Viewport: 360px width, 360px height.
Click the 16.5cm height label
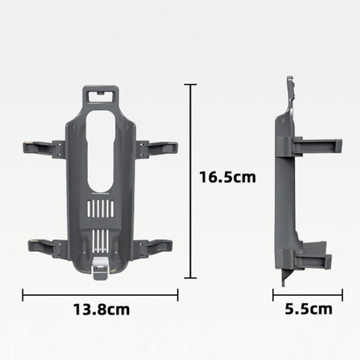[227, 178]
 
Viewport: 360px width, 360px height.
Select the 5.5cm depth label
[308, 310]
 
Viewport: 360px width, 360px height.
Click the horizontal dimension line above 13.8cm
[101, 294]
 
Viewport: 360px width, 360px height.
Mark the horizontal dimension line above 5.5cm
[308, 294]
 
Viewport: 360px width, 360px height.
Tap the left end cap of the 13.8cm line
[23, 294]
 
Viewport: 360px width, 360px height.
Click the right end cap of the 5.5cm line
[342, 294]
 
